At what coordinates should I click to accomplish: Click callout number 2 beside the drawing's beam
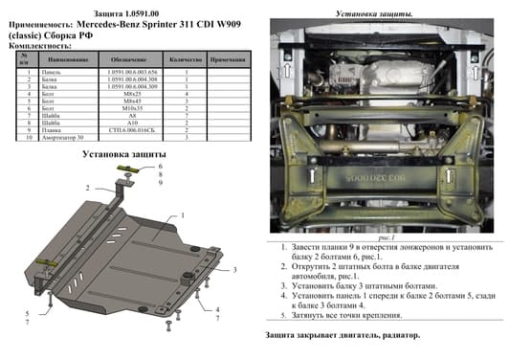86,187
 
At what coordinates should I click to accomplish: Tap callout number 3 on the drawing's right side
234,271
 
